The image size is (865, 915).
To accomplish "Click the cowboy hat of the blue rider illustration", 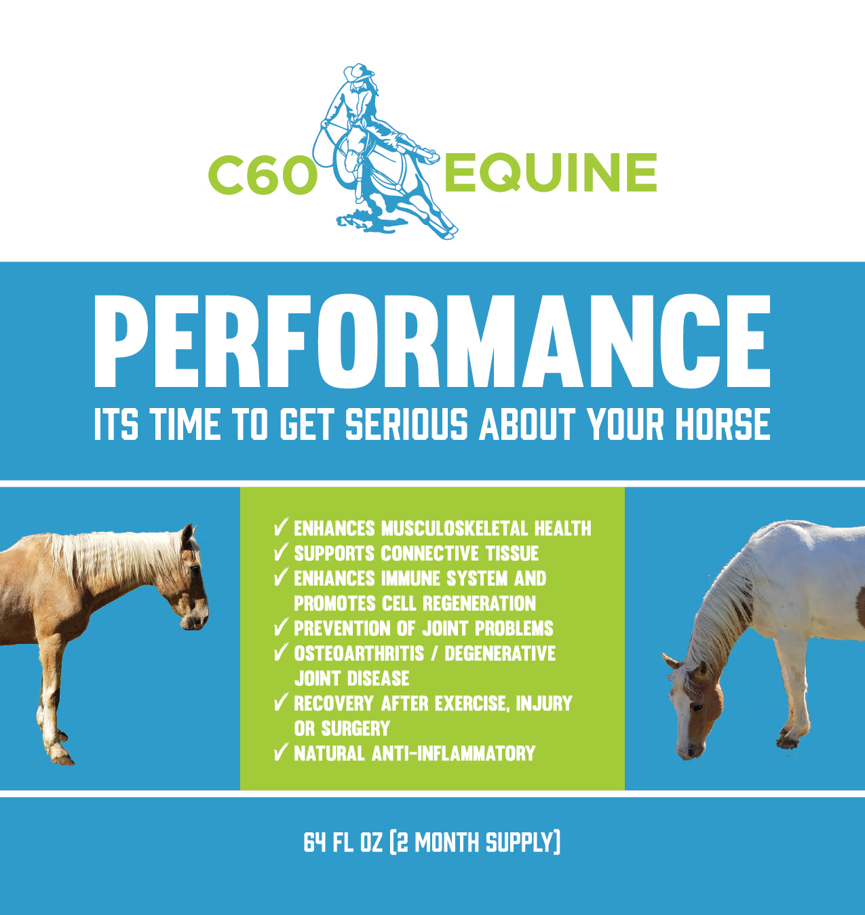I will (x=358, y=72).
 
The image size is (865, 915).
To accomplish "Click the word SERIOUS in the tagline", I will (x=406, y=425).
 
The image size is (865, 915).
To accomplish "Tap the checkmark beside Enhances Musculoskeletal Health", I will (x=281, y=527).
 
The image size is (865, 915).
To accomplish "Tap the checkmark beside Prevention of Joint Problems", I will (x=281, y=628).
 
